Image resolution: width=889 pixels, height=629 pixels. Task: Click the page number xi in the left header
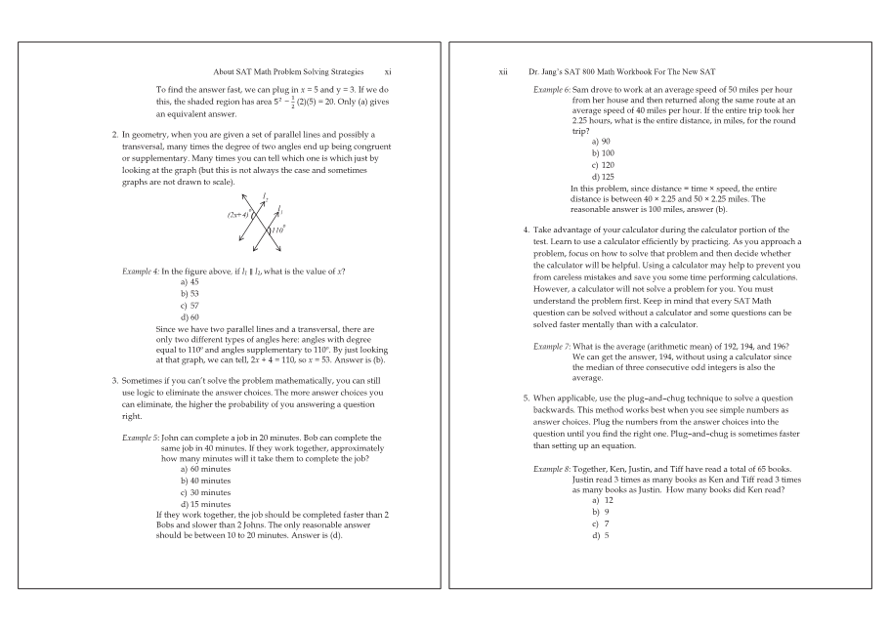(388, 71)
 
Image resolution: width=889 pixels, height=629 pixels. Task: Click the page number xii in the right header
(502, 71)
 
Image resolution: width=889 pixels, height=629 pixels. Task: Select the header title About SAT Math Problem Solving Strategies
(288, 71)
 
